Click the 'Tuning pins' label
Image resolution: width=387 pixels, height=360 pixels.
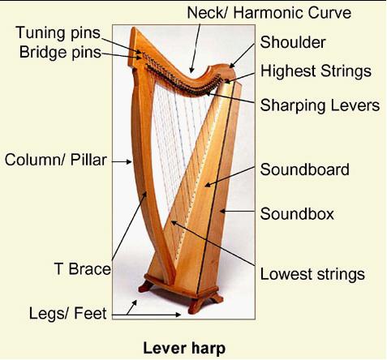click(58, 33)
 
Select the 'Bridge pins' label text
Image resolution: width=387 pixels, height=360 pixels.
click(60, 52)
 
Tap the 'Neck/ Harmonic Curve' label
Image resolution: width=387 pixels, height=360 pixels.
click(269, 13)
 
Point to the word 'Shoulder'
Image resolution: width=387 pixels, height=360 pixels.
click(293, 42)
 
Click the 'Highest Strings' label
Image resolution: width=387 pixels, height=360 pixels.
click(316, 71)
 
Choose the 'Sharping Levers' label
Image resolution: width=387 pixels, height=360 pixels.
click(320, 105)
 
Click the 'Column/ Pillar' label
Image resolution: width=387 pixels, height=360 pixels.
click(56, 160)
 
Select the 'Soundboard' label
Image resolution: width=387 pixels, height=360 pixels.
click(305, 169)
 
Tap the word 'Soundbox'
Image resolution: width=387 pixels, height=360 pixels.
click(297, 214)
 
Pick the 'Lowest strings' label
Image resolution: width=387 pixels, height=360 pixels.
click(312, 274)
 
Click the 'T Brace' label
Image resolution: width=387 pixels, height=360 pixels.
click(83, 269)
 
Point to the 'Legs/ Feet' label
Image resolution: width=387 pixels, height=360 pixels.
click(67, 314)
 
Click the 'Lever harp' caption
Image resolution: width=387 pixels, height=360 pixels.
click(184, 348)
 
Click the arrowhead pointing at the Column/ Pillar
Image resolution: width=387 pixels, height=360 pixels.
click(129, 162)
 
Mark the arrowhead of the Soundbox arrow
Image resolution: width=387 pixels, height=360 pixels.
click(222, 211)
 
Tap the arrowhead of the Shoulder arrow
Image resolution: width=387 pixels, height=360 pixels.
click(231, 65)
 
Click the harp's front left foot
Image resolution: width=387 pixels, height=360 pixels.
click(145, 286)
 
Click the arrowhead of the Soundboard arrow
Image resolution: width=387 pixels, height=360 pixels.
click(208, 185)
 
